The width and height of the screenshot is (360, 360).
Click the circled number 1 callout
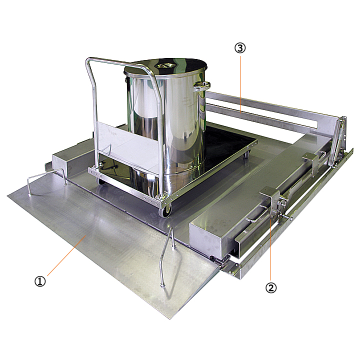click(x=40, y=281)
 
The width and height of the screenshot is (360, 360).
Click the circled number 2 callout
click(x=271, y=287)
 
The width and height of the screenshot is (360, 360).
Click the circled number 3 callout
click(x=240, y=48)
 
